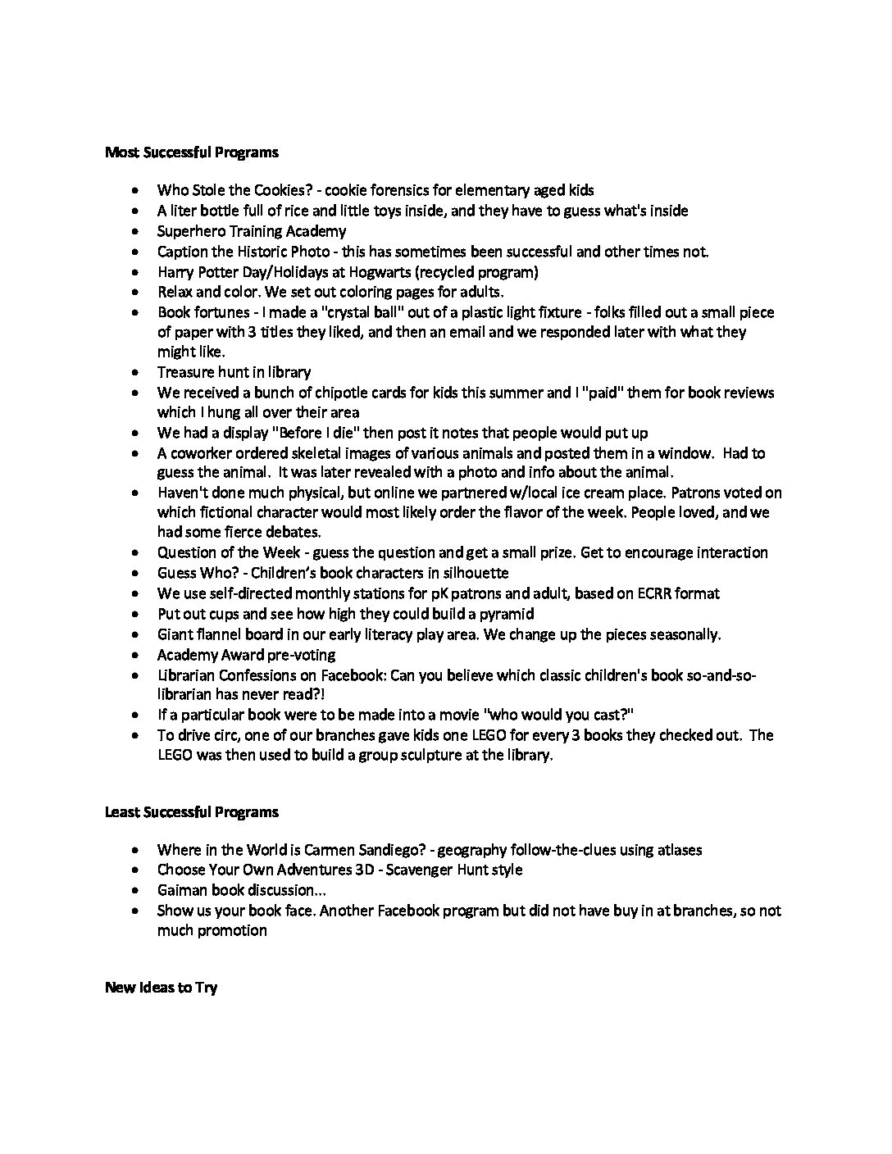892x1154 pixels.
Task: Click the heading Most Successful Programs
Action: [191, 152]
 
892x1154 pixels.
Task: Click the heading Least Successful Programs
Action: [191, 811]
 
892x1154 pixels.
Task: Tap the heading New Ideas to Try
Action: [161, 987]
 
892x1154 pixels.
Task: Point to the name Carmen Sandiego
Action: [364, 849]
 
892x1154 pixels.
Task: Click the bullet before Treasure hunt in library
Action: [135, 373]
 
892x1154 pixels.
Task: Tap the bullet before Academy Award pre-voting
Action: [135, 656]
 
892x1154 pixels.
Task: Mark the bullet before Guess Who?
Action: [135, 574]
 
